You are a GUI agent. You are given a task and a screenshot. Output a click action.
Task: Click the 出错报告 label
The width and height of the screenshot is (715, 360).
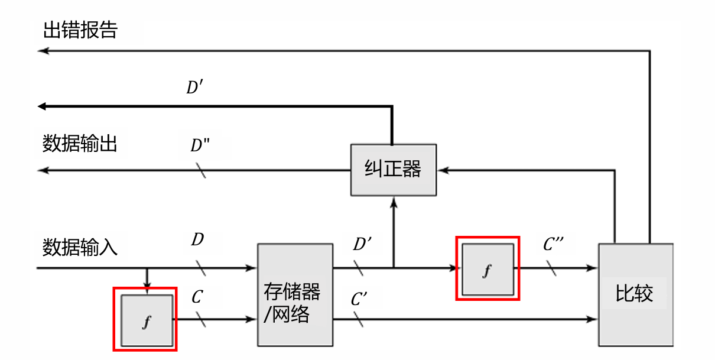(80, 31)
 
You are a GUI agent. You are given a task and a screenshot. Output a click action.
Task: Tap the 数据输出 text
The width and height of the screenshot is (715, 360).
(80, 143)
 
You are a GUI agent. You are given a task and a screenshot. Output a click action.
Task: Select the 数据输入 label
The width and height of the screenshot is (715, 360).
(80, 247)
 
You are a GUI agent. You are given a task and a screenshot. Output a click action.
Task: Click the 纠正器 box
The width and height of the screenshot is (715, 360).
(393, 170)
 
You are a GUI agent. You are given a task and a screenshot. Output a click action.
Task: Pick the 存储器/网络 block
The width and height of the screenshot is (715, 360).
(295, 294)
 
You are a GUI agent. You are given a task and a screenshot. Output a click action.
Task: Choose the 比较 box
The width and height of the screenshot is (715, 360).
(635, 294)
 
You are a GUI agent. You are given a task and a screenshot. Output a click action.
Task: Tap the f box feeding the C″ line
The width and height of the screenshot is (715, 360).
(487, 269)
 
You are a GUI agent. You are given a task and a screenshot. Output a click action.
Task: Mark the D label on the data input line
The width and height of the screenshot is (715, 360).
(197, 240)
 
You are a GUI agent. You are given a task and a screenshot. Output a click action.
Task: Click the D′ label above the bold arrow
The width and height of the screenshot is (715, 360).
(195, 88)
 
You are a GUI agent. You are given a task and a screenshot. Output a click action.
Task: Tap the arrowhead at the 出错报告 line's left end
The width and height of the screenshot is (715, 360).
(41, 51)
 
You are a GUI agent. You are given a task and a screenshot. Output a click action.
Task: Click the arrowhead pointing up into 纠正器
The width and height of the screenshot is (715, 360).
(393, 202)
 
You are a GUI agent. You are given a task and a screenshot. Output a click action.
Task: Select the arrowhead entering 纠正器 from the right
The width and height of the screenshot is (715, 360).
(441, 170)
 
